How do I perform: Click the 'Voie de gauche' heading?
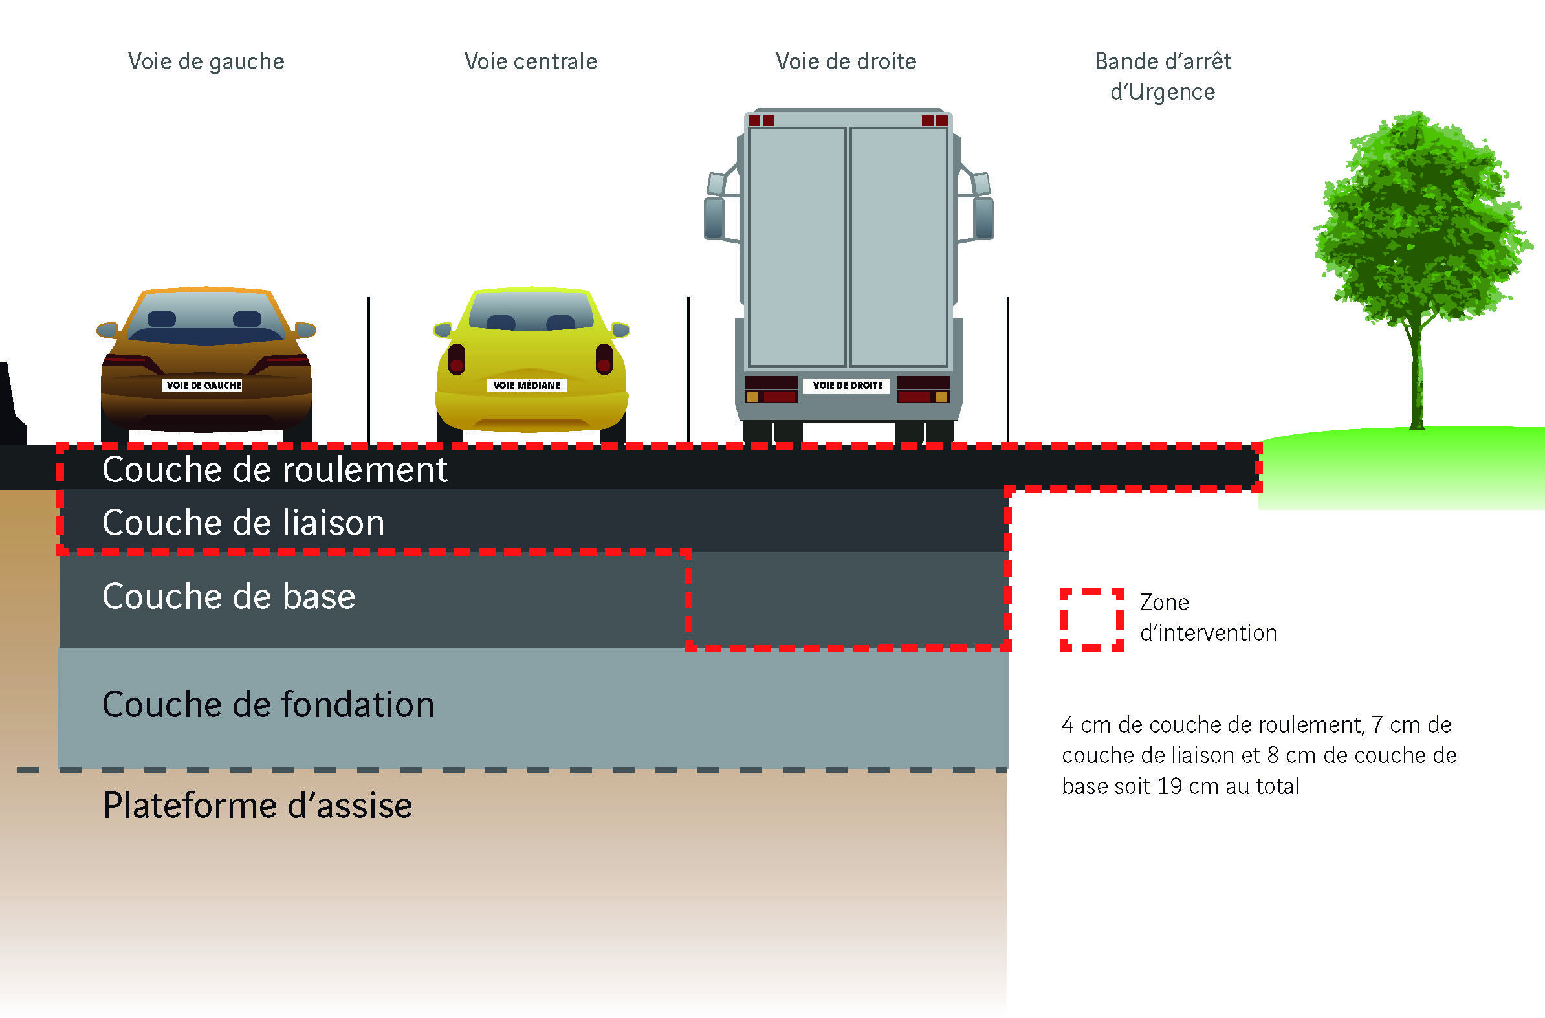click(206, 61)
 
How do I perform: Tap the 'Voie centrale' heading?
click(531, 61)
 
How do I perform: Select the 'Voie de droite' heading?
click(846, 61)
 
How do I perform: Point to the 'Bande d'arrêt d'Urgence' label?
click(1163, 76)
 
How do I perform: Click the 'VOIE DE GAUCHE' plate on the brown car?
click(204, 386)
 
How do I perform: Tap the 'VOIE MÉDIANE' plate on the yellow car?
click(527, 386)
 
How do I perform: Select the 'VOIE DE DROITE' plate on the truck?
click(848, 386)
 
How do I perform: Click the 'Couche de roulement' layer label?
click(274, 469)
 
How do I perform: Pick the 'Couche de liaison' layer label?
click(243, 523)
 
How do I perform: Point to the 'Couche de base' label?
click(228, 596)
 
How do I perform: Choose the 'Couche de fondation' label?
click(268, 704)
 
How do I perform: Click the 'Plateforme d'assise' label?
click(257, 806)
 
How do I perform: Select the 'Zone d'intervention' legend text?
click(1208, 617)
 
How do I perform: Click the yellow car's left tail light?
click(457, 359)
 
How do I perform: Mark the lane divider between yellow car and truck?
click(688, 370)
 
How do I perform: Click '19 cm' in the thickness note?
click(1187, 786)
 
